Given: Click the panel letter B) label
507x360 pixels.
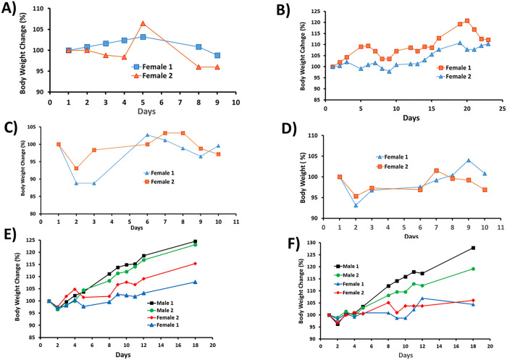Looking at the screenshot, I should point(275,10).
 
